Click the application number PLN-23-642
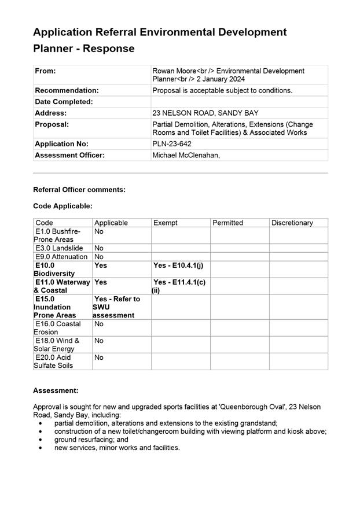point(172,144)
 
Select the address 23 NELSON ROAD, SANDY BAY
point(205,113)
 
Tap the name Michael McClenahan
point(186,156)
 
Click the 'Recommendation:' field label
point(67,91)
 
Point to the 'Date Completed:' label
point(64,102)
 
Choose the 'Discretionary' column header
point(292,223)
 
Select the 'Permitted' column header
point(227,223)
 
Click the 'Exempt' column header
point(166,223)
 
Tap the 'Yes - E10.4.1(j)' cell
point(178,265)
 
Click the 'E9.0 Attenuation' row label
point(61,257)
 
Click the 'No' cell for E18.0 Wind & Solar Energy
point(99,341)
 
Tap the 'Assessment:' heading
point(56,391)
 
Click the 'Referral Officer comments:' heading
point(79,190)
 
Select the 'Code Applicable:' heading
point(63,206)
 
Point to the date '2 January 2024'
point(219,79)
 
